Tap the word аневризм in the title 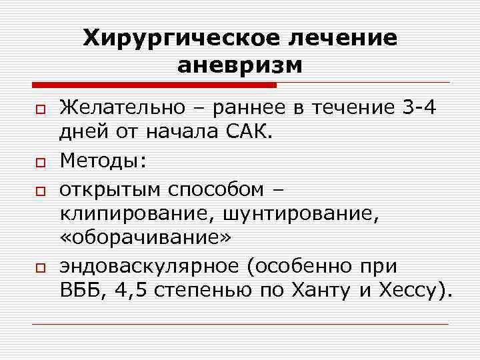coord(240,66)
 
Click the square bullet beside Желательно coord(40,108)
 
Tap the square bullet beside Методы coord(40,161)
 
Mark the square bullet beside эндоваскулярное coord(40,268)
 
